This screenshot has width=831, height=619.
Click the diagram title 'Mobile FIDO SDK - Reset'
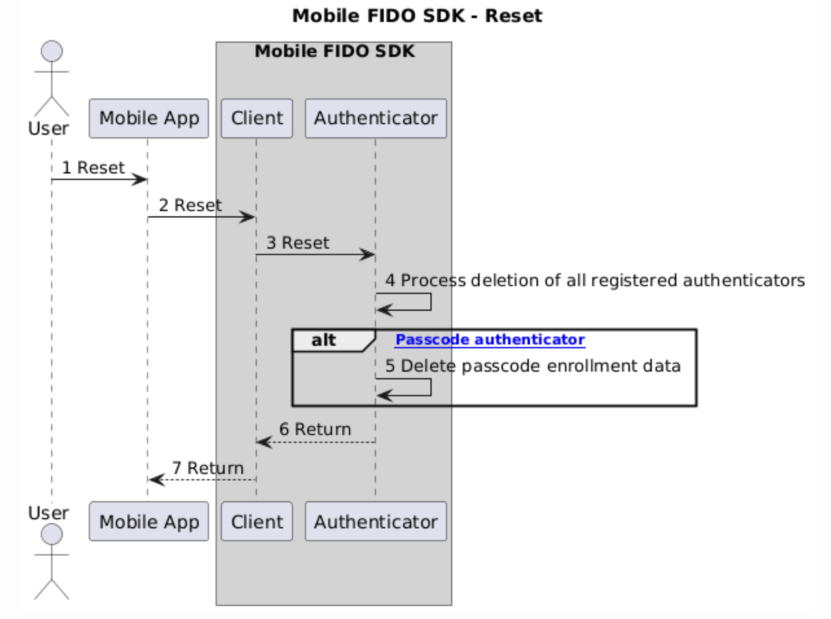pos(417,16)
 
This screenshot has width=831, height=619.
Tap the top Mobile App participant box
pos(149,118)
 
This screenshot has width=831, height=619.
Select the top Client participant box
pos(257,118)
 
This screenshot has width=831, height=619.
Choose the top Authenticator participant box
pos(376,118)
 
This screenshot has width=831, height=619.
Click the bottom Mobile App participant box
pos(149,521)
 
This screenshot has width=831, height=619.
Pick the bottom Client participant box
pos(257,521)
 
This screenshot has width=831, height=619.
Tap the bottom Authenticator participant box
pos(376,521)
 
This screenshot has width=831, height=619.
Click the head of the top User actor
pos(52,51)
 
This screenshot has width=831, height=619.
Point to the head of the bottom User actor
pos(52,534)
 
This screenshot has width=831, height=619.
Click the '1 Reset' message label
pos(93,168)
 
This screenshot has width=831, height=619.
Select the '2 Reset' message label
pos(190,205)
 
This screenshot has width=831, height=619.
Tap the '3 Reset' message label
pos(298,243)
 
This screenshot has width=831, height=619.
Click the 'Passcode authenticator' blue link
pos(490,340)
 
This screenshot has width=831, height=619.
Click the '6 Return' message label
pos(315,429)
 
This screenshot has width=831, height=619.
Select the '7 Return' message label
pos(208,468)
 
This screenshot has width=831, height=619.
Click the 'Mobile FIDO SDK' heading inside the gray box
pos(335,51)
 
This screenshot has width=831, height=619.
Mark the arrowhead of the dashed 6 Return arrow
pos(264,442)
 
